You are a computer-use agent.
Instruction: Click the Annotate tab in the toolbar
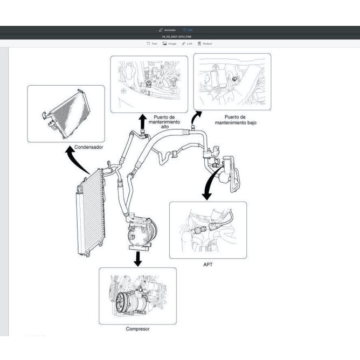[x=167, y=30]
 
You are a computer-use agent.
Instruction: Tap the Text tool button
[x=152, y=44]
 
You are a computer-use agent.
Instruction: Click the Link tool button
[x=187, y=44]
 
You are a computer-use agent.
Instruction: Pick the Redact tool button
[x=205, y=44]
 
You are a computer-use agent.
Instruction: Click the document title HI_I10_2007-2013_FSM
[x=180, y=37]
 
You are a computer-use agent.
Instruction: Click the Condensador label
[x=89, y=147]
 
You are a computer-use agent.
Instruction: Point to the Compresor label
[x=137, y=329]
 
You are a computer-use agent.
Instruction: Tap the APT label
[x=208, y=265]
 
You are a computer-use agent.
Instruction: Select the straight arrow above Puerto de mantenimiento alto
[x=142, y=121]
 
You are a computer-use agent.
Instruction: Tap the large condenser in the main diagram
[x=90, y=213]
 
